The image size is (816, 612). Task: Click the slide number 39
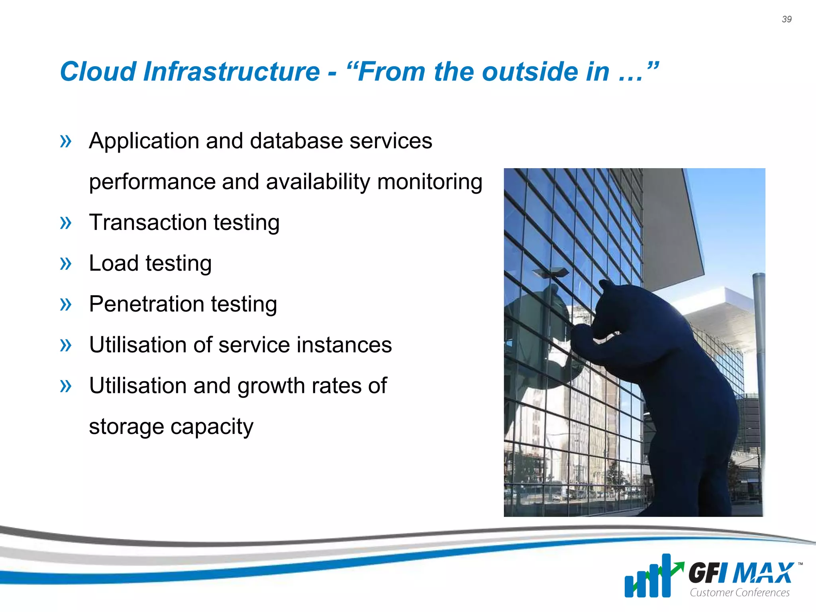click(x=787, y=19)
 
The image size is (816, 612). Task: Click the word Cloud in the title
click(x=98, y=72)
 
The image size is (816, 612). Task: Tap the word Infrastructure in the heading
click(x=231, y=72)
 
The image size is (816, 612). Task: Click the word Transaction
click(x=147, y=222)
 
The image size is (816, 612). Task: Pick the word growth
click(x=271, y=386)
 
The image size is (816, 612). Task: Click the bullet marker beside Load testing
click(x=65, y=263)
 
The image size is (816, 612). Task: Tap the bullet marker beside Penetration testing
click(x=65, y=304)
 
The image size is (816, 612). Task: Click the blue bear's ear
click(x=605, y=285)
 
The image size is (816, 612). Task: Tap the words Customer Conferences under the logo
click(x=739, y=592)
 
